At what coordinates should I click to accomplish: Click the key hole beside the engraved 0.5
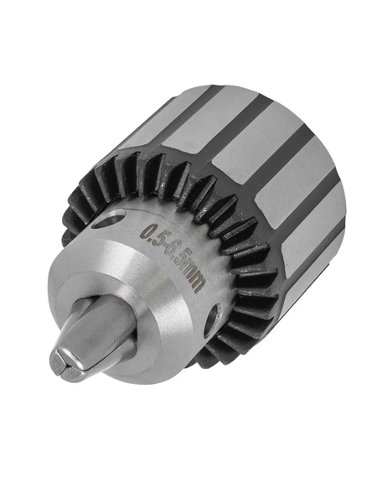(109, 221)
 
